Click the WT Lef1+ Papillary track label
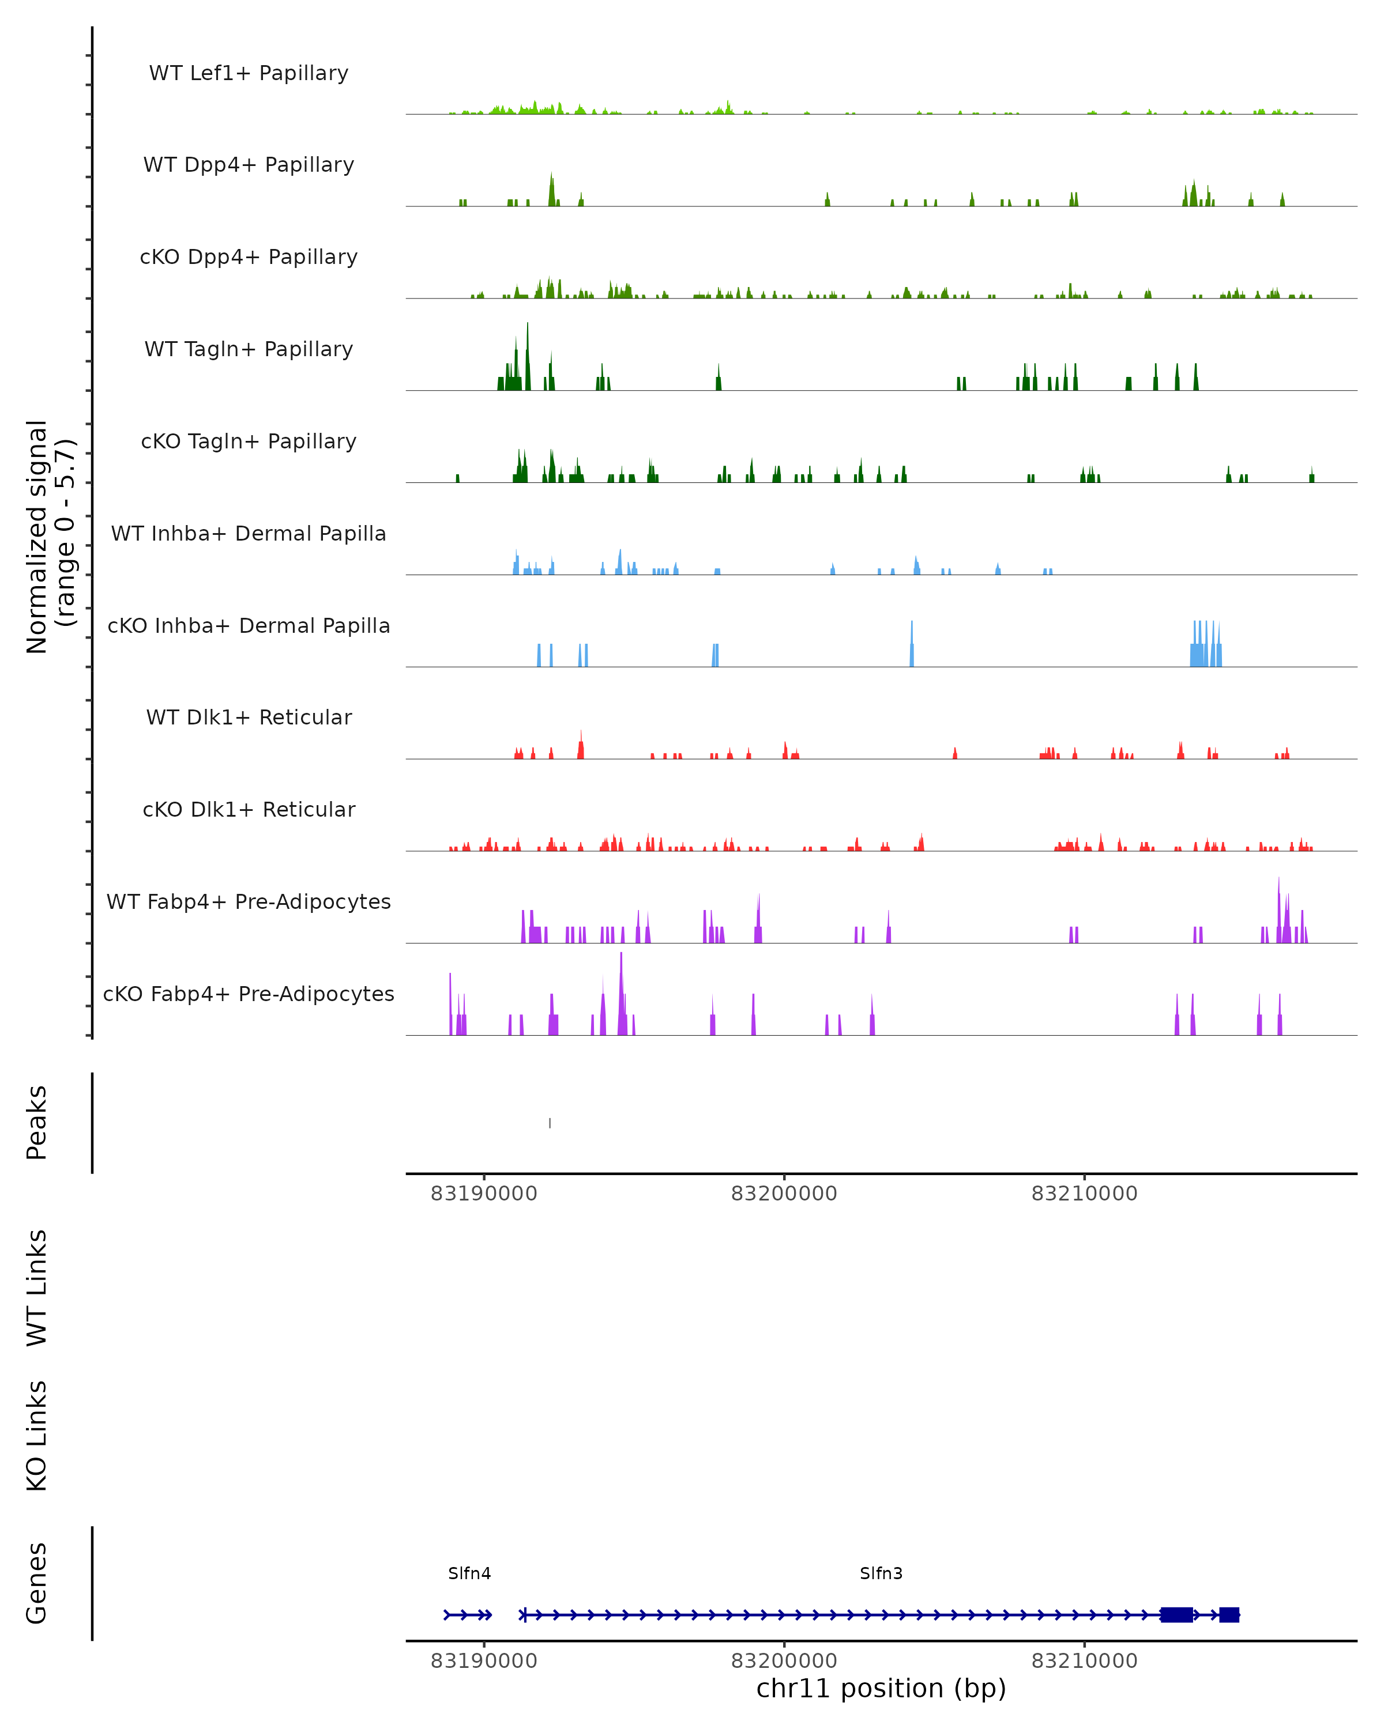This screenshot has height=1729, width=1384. [249, 73]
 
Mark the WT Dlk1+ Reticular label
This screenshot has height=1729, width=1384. [249, 717]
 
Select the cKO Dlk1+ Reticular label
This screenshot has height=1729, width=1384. [249, 809]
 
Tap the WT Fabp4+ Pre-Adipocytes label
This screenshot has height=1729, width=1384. [249, 901]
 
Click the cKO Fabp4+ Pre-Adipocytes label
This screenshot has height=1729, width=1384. [249, 994]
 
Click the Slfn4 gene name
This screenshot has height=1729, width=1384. [469, 1573]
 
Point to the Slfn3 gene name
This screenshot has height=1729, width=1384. [881, 1573]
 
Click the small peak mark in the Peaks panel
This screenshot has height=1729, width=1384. [550, 1123]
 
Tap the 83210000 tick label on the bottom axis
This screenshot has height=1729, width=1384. [1084, 1661]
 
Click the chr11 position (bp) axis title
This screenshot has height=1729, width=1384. [881, 1689]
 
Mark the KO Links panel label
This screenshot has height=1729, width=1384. [37, 1436]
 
